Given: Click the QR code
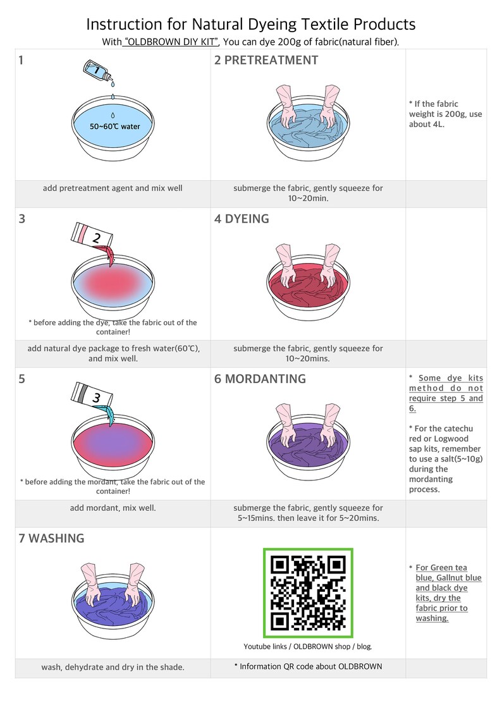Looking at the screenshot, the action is (x=308, y=592).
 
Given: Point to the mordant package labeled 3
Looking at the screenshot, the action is (x=92, y=396).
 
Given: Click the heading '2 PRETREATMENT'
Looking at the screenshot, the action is (x=266, y=60).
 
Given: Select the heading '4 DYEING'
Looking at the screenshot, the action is (x=242, y=219).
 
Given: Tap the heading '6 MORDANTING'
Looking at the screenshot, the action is (x=260, y=379).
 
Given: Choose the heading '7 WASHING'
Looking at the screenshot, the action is (x=52, y=538).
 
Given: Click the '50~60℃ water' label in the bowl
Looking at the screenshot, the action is (x=114, y=127).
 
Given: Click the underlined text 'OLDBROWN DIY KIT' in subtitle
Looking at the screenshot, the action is (x=170, y=42).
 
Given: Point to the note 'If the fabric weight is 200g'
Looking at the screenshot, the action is (x=446, y=114).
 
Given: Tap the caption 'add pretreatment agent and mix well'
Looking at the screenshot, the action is (x=113, y=188).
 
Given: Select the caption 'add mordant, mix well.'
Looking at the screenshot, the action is (x=113, y=508).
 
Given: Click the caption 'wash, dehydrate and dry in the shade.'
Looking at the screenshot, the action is (x=113, y=667).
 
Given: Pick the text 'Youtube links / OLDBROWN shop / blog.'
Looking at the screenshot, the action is (x=308, y=647).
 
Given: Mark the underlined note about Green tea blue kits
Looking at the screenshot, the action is (x=446, y=593).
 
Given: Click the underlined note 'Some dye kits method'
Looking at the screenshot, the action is (x=446, y=393).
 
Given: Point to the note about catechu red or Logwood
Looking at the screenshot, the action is (x=446, y=459).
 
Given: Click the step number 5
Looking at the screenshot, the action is (x=21, y=379).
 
